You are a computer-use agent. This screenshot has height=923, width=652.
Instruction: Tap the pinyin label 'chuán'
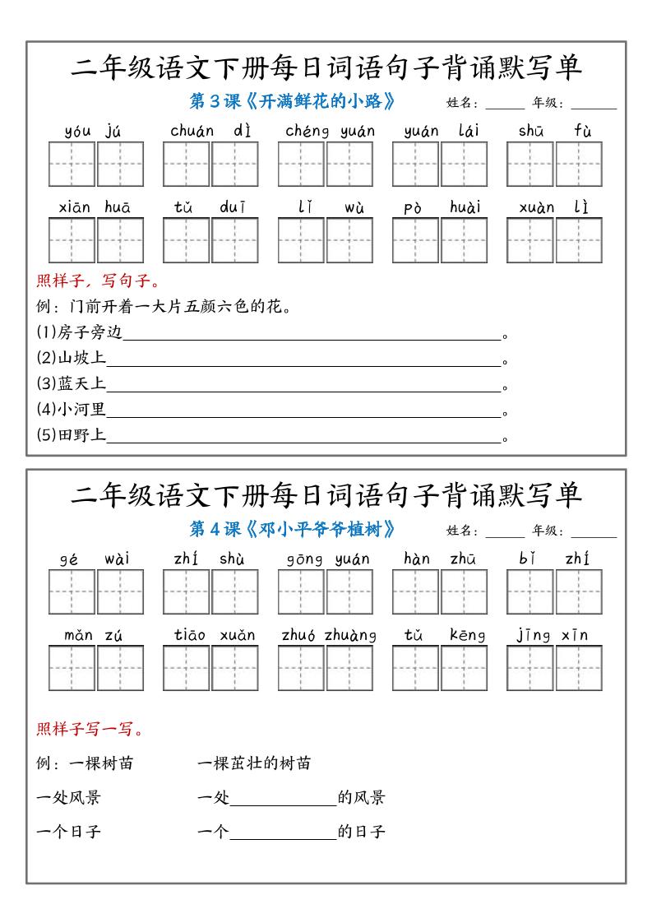(x=192, y=131)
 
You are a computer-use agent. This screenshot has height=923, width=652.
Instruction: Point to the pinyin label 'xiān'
(x=75, y=207)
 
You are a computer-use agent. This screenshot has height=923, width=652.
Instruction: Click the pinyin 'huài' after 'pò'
(x=465, y=207)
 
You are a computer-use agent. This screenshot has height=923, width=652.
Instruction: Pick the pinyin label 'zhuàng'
(x=350, y=635)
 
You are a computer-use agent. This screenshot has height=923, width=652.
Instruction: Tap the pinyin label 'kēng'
(x=468, y=635)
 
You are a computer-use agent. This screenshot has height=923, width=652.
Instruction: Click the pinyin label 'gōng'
(x=304, y=559)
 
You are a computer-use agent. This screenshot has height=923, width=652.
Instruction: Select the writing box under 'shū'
(x=529, y=165)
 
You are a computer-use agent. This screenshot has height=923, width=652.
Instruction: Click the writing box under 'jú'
(x=121, y=165)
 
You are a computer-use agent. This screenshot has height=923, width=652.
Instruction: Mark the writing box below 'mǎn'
(x=72, y=668)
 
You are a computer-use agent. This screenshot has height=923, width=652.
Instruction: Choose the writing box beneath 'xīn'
(x=579, y=668)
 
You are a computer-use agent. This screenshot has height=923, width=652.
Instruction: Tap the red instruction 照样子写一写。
(x=90, y=729)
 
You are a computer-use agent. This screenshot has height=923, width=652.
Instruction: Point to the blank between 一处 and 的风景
(x=284, y=798)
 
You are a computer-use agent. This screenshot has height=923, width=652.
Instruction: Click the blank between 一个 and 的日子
(x=284, y=832)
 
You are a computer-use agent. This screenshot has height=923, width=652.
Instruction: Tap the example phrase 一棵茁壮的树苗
(x=254, y=763)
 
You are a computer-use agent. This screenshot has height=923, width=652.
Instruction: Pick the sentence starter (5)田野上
(x=72, y=436)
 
